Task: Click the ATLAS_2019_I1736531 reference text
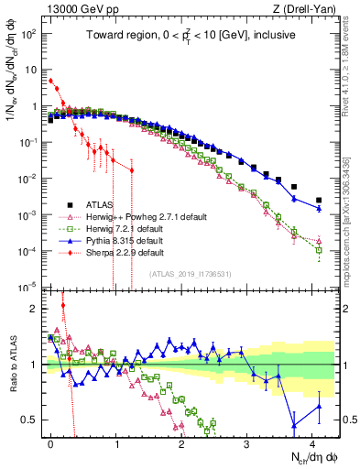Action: pyautogui.click(x=190, y=274)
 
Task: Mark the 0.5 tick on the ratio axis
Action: pyautogui.click(x=31, y=420)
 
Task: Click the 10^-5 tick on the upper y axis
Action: pyautogui.click(x=29, y=287)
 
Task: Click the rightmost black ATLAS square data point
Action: pyautogui.click(x=319, y=200)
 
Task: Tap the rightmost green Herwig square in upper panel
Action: pyautogui.click(x=319, y=249)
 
